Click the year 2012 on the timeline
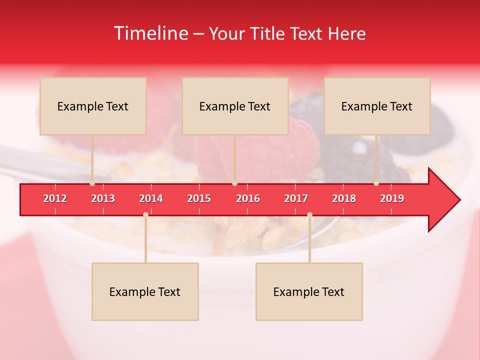point(55,198)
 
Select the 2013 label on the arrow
point(103,198)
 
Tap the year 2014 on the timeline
point(151,198)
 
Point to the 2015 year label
point(199,198)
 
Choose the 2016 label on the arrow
point(248,198)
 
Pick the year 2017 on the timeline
point(296,198)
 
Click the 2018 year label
point(344,198)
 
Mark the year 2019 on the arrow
point(392,198)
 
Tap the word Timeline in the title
point(150,33)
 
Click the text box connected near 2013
point(93,106)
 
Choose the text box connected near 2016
point(235,106)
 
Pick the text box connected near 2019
point(377,106)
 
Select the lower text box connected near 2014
point(145,291)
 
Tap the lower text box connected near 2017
point(309,291)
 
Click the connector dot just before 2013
point(92,183)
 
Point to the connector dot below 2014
point(145,214)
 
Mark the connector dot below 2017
point(309,214)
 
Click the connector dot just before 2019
point(376,183)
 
